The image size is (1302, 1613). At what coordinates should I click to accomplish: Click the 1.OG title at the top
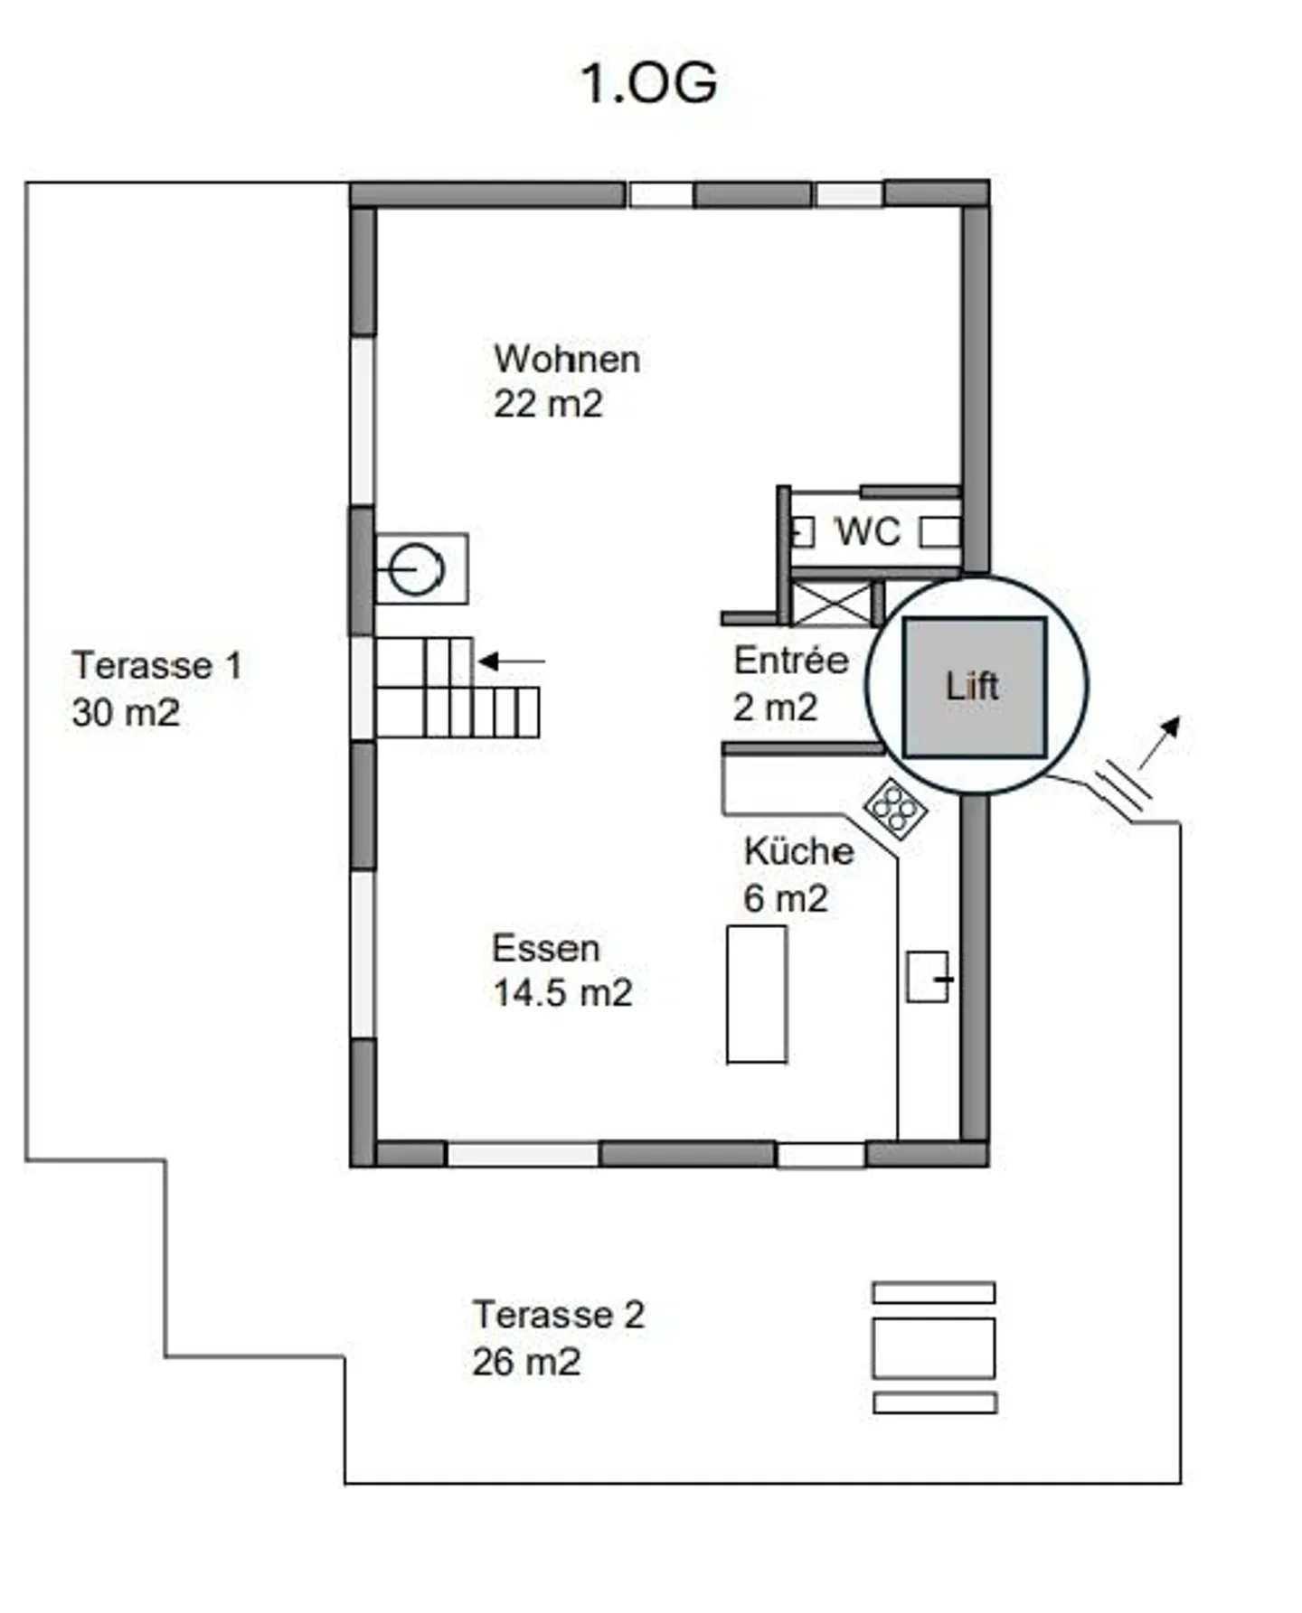[x=648, y=84]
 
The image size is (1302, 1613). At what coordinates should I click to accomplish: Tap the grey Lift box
[x=975, y=687]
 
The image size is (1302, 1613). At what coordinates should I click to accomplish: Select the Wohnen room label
[x=567, y=360]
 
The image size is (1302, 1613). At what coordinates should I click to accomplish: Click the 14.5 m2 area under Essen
[x=561, y=993]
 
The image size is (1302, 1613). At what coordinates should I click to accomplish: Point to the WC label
[x=867, y=531]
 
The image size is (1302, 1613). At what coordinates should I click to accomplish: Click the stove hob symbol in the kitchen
[x=895, y=808]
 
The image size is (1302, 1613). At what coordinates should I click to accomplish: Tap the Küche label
[x=798, y=851]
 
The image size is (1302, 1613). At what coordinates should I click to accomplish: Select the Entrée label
[x=790, y=661]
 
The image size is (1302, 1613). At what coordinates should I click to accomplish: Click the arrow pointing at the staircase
[x=512, y=661]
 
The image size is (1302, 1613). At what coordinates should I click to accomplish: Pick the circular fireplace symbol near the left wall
[x=417, y=569]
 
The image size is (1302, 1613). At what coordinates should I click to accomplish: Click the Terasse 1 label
[x=157, y=666]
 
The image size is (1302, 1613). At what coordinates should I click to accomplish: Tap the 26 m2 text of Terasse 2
[x=525, y=1362]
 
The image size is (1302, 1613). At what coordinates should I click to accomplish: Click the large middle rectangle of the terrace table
[x=933, y=1347]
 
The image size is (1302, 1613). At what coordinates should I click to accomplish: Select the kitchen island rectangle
[x=757, y=994]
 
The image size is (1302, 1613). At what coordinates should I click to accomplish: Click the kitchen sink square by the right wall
[x=928, y=976]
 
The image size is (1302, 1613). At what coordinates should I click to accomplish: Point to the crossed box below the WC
[x=830, y=604]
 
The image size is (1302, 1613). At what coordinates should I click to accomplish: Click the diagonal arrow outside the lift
[x=1160, y=741]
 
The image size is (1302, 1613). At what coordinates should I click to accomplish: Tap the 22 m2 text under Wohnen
[x=548, y=404]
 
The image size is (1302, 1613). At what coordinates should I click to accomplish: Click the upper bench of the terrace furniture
[x=933, y=1292]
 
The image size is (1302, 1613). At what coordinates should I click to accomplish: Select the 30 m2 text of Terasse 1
[x=125, y=713]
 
